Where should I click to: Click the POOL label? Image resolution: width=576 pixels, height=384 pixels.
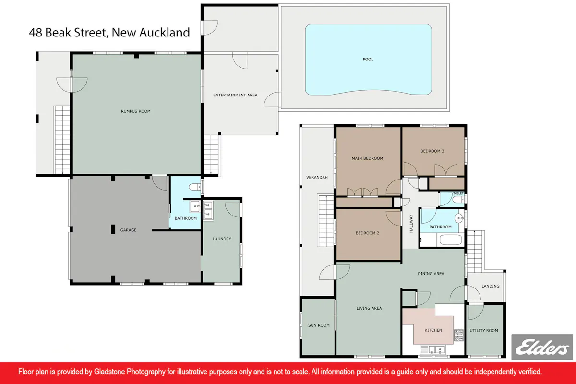click(x=368, y=60)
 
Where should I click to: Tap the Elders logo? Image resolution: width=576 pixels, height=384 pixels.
click(x=542, y=347)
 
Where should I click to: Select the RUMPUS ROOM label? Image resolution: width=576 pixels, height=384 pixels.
click(x=136, y=111)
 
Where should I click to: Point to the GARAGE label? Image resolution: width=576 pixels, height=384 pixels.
click(x=128, y=230)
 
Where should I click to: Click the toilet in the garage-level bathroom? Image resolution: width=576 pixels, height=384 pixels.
click(x=195, y=187)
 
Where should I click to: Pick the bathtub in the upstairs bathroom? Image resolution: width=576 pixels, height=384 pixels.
click(x=451, y=240)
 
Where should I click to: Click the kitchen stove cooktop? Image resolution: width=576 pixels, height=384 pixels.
click(x=459, y=335)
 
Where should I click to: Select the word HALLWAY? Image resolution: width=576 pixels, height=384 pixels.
click(x=411, y=224)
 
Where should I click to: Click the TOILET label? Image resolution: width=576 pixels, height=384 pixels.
click(x=458, y=193)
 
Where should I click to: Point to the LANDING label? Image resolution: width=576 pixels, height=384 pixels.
click(x=491, y=286)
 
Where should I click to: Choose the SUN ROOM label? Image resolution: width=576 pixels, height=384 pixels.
click(x=319, y=325)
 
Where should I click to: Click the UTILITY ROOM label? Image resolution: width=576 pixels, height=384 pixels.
click(x=484, y=331)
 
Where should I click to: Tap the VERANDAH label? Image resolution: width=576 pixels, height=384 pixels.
click(x=317, y=177)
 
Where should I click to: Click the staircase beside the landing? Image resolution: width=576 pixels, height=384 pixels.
click(x=475, y=252)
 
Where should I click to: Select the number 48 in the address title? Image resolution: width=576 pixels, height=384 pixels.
click(x=36, y=33)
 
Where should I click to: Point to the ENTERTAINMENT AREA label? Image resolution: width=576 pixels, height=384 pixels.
click(x=235, y=95)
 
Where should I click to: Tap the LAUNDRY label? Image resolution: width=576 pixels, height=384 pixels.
click(x=222, y=239)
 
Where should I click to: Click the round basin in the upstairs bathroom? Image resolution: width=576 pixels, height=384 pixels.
click(x=459, y=218)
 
